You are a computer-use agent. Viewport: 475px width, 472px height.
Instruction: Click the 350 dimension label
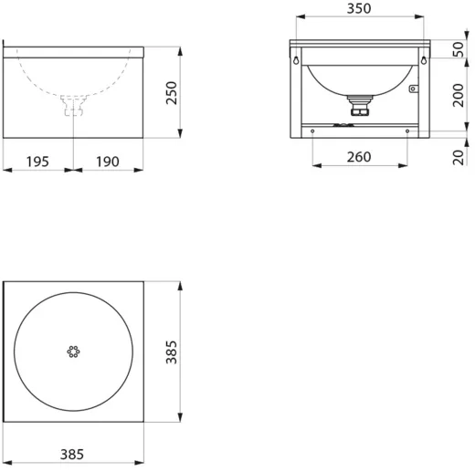(x=359, y=8)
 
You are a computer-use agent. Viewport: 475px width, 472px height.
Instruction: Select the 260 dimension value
(x=359, y=157)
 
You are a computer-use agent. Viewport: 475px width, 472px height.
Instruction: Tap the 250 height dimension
(x=172, y=93)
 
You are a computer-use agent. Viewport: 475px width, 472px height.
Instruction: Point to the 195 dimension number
(x=37, y=162)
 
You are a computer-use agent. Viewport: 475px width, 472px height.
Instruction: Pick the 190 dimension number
(x=108, y=162)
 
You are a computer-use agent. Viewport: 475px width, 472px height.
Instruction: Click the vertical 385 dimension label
(x=172, y=352)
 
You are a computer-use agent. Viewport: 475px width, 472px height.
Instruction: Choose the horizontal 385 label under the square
(x=72, y=455)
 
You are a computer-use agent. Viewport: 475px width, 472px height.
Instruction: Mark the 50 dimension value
(x=459, y=49)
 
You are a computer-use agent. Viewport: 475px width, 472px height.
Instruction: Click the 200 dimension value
(x=459, y=95)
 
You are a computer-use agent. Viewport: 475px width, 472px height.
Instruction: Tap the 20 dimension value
(x=459, y=157)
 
